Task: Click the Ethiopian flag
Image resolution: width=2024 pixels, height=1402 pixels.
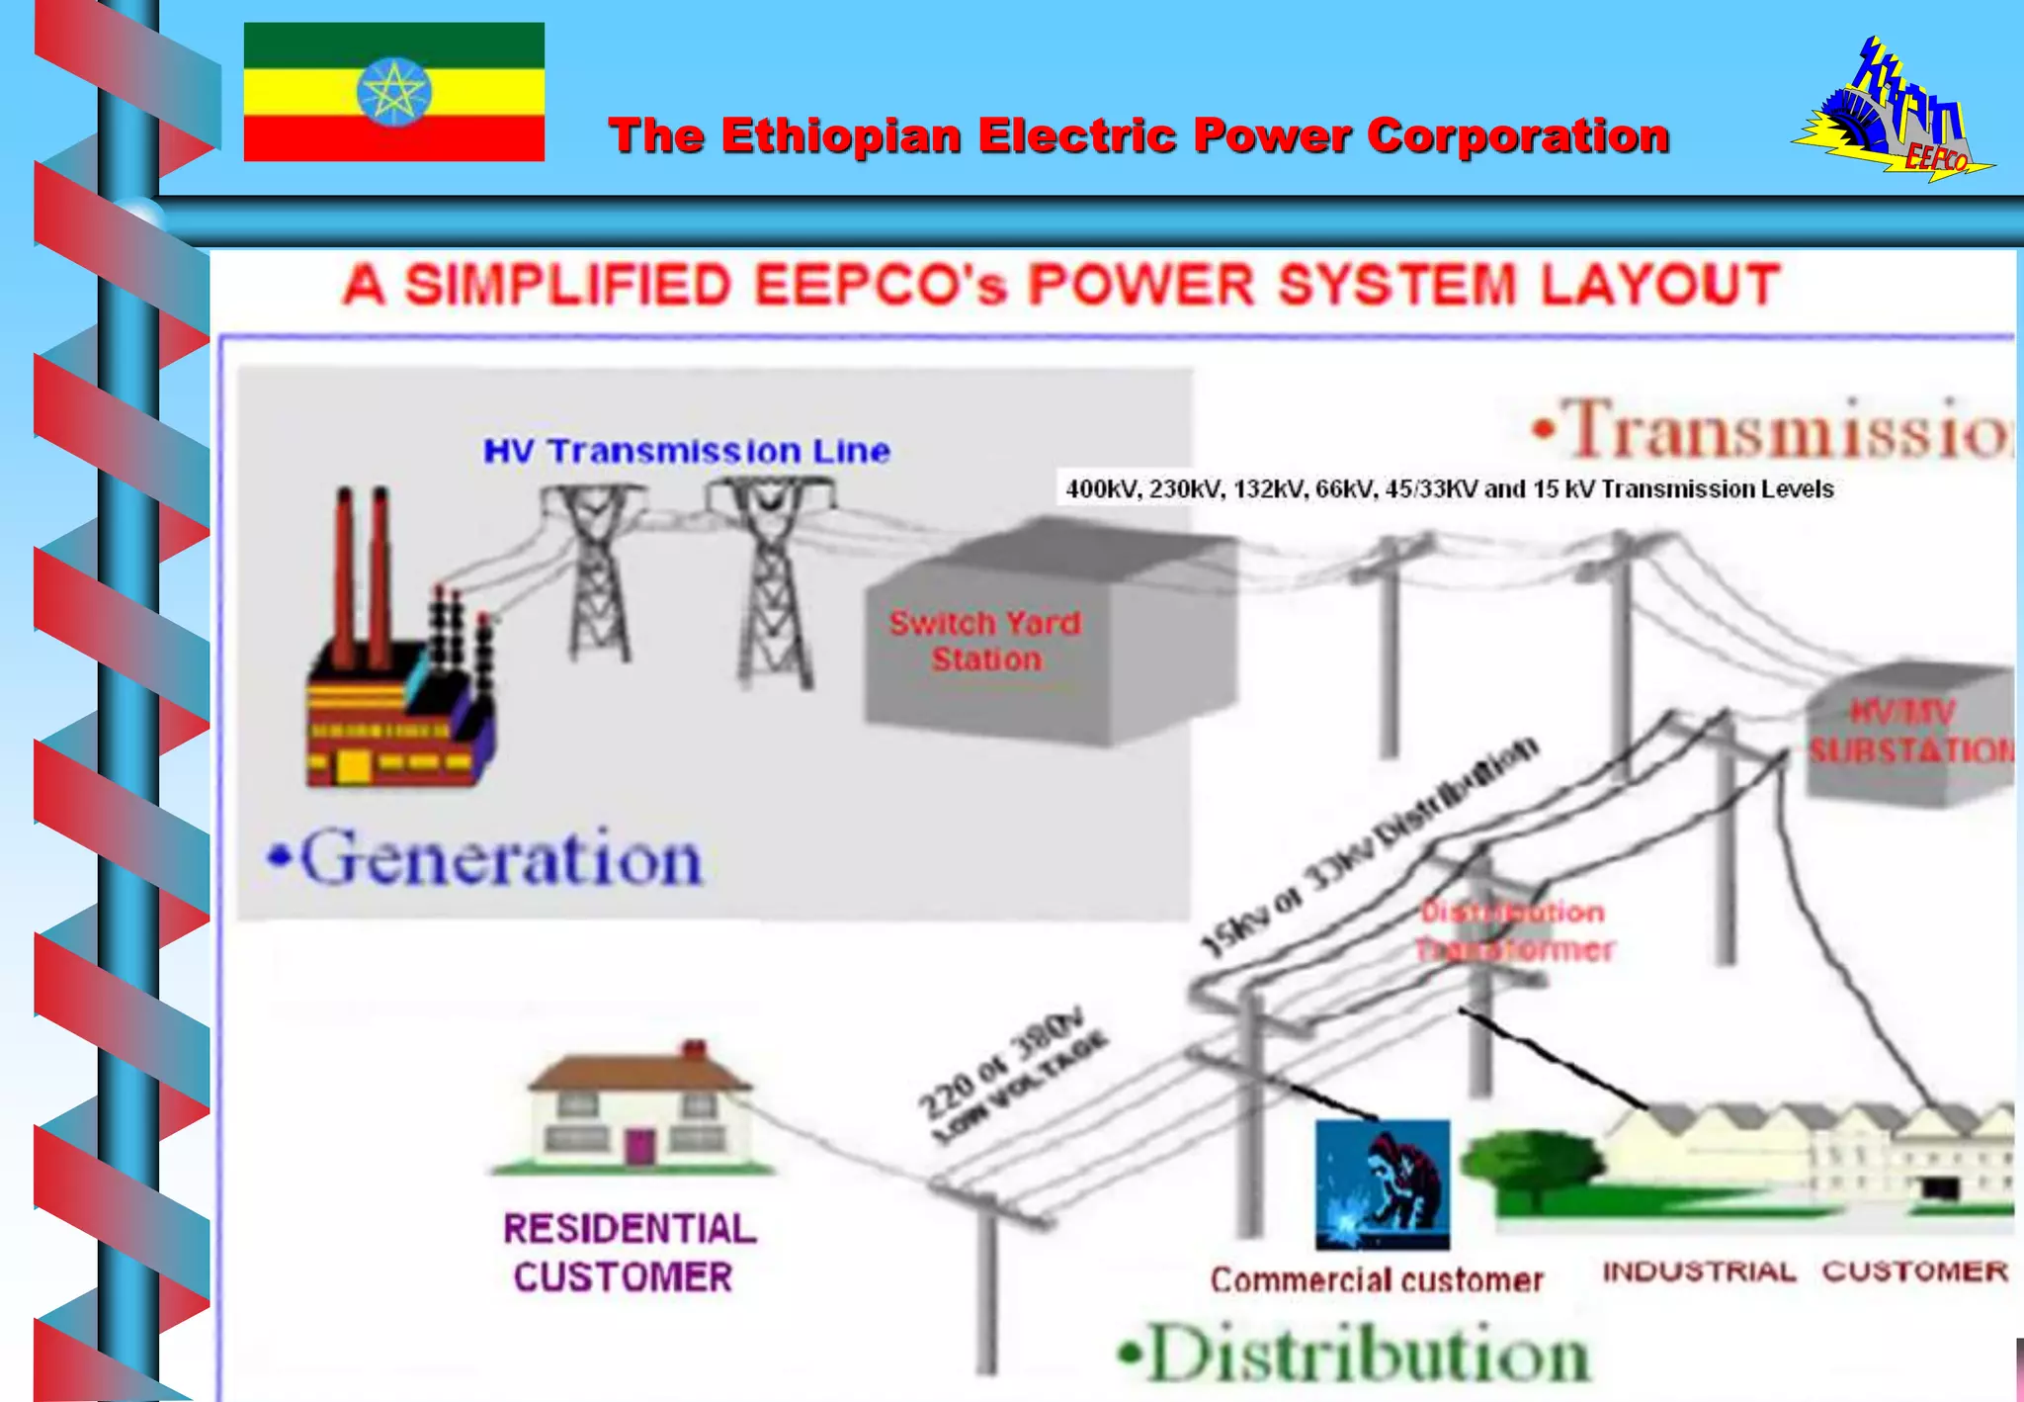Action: (x=393, y=92)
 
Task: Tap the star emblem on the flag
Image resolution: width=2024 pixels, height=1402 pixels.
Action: (x=393, y=92)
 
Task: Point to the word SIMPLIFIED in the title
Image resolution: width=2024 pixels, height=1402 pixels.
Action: (x=567, y=285)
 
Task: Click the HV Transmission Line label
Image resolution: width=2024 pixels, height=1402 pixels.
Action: (x=687, y=452)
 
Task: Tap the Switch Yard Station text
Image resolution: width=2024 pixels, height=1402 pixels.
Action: (x=985, y=641)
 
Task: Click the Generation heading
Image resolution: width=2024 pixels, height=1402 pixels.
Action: (x=487, y=858)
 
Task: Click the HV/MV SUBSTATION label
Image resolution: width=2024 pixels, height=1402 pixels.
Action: (x=1909, y=732)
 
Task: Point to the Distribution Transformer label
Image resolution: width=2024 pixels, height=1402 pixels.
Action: (x=1513, y=930)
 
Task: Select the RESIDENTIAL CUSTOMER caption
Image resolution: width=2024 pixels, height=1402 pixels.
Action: (x=629, y=1252)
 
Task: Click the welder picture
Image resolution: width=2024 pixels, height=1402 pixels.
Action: (x=1382, y=1184)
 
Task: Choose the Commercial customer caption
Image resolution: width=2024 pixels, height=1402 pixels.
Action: (x=1376, y=1280)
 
